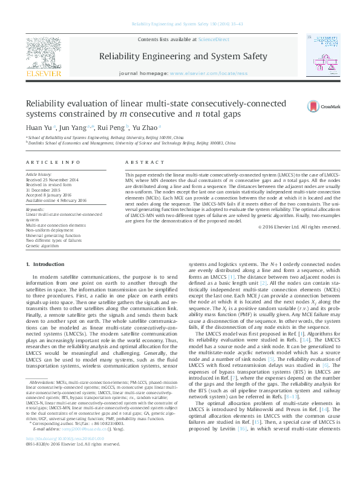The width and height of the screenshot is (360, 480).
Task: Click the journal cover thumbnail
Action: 321,54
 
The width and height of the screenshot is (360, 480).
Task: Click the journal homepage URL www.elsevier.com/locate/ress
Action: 209,73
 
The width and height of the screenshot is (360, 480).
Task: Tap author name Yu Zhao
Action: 145,128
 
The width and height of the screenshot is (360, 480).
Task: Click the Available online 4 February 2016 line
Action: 56,200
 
